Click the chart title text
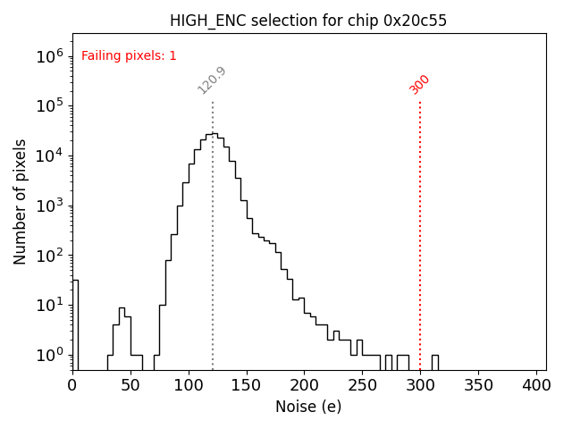(309, 21)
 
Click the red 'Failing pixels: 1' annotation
(129, 55)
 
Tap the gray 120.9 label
(212, 80)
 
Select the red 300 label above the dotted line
(419, 84)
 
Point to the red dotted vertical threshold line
(420, 232)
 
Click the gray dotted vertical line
(213, 268)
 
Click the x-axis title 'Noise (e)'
(308, 407)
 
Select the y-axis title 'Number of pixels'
(21, 202)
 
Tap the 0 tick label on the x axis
(72, 385)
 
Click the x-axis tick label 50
(130, 385)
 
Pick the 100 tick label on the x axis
(189, 385)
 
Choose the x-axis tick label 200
(305, 385)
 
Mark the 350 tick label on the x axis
(478, 385)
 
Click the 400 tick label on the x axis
(536, 385)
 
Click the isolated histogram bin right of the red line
(434, 362)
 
